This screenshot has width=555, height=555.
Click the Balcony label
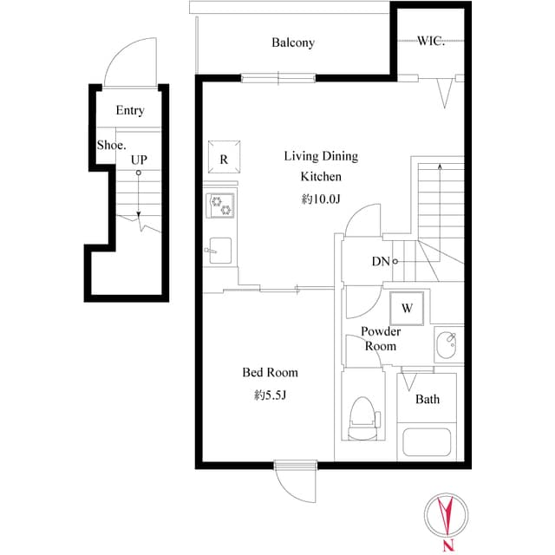coord(293,42)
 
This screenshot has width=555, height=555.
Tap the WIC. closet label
coord(431,41)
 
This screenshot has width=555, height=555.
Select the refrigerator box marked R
coord(224,157)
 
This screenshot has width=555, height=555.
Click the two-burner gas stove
coord(220,206)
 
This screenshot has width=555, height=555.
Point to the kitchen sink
coord(219,251)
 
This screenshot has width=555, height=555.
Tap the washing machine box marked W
coord(407,308)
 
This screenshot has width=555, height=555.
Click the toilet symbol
coord(363,418)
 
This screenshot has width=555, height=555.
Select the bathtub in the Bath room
coord(427,442)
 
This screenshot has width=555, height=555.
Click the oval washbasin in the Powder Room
coord(447,345)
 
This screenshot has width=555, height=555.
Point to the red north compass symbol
coord(446,514)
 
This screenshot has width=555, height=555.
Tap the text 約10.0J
coord(321,199)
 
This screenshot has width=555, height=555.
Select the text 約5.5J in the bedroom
coord(270,395)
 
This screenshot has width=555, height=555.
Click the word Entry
coord(130,110)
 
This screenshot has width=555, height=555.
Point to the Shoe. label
coord(112,145)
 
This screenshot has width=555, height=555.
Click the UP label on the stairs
coord(139,160)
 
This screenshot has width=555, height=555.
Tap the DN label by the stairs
coord(381,262)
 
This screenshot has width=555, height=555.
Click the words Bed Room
coord(270,372)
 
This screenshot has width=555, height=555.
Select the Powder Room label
coord(381,339)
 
